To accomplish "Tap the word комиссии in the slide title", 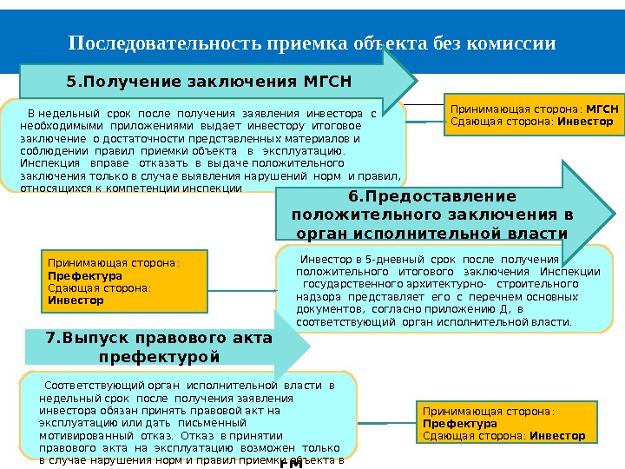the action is (x=512, y=43).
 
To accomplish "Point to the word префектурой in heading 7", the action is (x=160, y=357).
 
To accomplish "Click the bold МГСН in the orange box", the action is (x=602, y=110).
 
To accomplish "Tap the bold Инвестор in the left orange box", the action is (x=76, y=301).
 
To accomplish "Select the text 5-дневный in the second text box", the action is (x=394, y=260).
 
